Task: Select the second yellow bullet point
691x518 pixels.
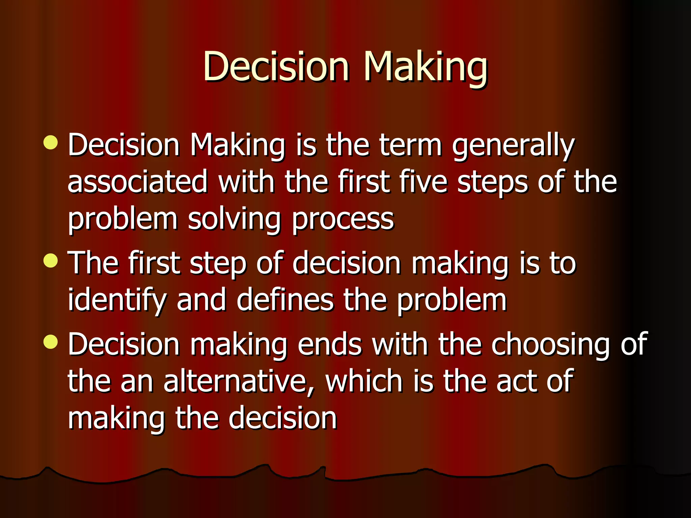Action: pyautogui.click(x=51, y=261)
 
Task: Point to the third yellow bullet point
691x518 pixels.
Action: pyautogui.click(x=51, y=342)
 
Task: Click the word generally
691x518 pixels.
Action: pyautogui.click(x=513, y=146)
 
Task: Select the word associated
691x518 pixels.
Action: pyautogui.click(x=137, y=182)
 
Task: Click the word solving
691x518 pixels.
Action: pyautogui.click(x=234, y=219)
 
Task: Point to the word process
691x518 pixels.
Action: pyautogui.click(x=343, y=219)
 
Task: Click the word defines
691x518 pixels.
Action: pyautogui.click(x=285, y=299)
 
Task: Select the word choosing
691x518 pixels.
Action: pyautogui.click(x=550, y=345)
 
